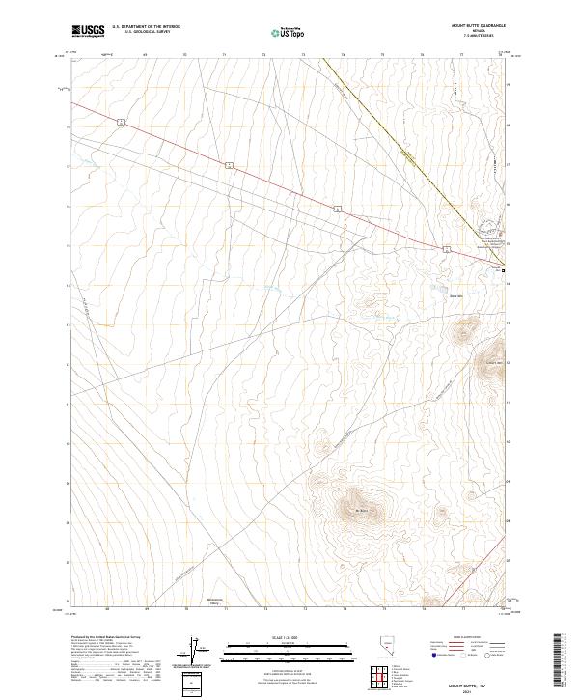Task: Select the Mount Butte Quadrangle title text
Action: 478,26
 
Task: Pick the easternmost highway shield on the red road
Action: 447,249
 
